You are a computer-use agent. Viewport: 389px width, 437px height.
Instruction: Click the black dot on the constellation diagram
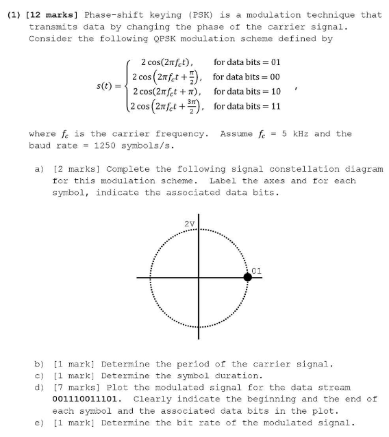[248, 277]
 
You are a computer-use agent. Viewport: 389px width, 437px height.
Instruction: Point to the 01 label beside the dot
[257, 271]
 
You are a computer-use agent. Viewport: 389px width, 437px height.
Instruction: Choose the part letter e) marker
[39, 422]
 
